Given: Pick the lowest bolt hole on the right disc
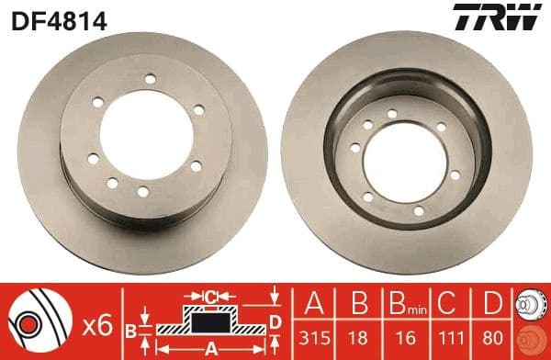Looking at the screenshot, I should [x=419, y=211].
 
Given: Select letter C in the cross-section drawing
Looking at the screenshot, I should [x=211, y=296].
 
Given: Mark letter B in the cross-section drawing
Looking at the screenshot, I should [x=130, y=329].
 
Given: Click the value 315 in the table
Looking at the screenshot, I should [x=314, y=339].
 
